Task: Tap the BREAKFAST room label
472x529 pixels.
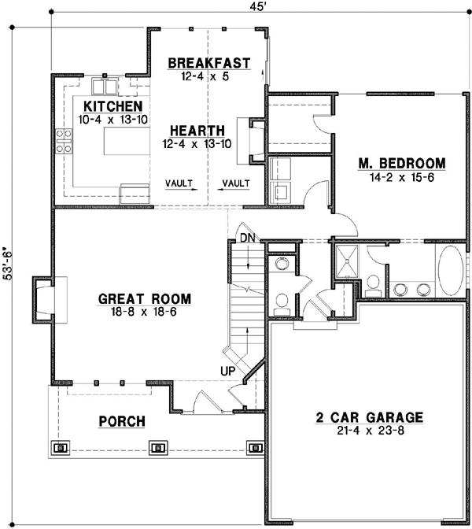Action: click(208, 63)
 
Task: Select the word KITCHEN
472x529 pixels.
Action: click(113, 106)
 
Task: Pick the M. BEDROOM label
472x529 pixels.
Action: click(402, 164)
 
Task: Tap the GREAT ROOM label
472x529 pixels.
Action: click(146, 299)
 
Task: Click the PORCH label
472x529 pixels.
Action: click(122, 422)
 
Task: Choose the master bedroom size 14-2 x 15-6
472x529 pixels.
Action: click(402, 177)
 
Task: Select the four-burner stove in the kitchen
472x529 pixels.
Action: click(62, 139)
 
